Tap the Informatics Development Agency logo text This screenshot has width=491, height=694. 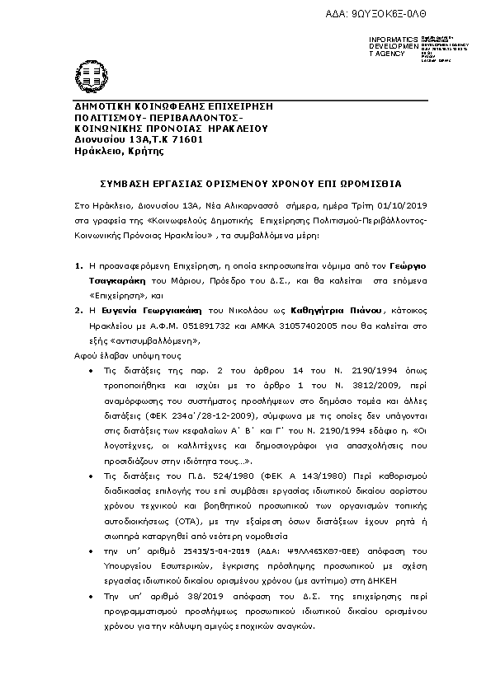tap(388, 46)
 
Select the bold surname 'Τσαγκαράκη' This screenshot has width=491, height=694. tap(117, 280)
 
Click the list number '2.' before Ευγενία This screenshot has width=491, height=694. tap(78, 311)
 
